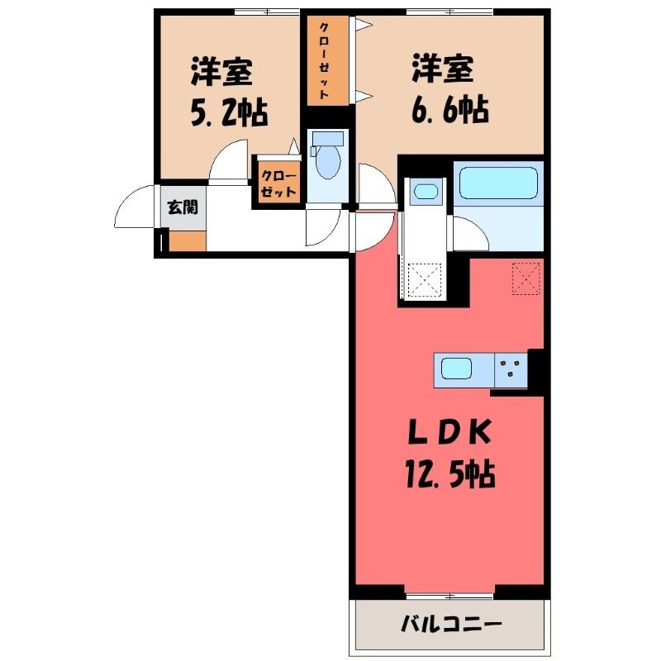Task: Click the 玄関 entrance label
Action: tap(183, 207)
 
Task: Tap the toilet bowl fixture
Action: tap(328, 157)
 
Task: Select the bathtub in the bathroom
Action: tap(498, 183)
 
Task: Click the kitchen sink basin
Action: tap(456, 369)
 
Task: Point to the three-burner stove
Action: tap(511, 369)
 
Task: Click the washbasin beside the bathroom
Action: tap(426, 192)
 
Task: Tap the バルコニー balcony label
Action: tap(451, 624)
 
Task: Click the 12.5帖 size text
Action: tap(450, 473)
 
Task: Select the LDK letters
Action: tap(449, 432)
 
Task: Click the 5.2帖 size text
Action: tap(230, 112)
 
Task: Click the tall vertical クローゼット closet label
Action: tap(324, 60)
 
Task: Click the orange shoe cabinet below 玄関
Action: tap(188, 241)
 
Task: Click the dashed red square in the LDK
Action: tap(525, 278)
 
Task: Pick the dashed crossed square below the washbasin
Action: tap(425, 279)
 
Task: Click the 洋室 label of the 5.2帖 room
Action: tap(222, 71)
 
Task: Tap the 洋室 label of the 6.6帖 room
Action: tap(443, 68)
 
